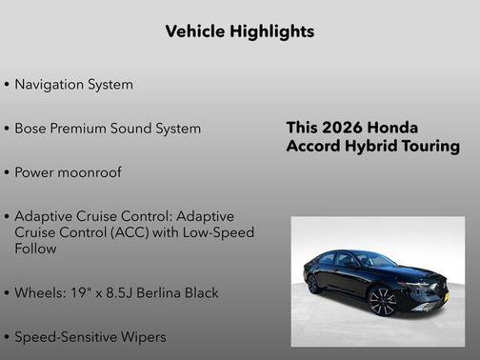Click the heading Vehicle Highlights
tap(239, 31)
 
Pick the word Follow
tap(35, 249)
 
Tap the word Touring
tap(429, 147)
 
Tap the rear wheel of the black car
tap(312, 283)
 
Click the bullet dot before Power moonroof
tap(8, 173)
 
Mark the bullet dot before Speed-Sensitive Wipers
tap(8, 337)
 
